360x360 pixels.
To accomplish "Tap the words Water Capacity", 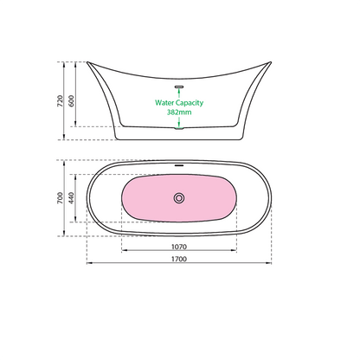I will pos(179,102).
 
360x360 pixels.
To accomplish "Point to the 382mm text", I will pos(179,112).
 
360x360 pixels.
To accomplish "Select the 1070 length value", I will pos(179,246).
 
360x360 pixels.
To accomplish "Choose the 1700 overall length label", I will pos(179,259).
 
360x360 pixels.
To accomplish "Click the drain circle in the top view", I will pos(179,198).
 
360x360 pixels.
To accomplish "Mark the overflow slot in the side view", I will pos(179,87).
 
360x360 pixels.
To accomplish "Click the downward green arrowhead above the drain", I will pos(179,124).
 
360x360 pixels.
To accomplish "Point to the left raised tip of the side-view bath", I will pos(87,62).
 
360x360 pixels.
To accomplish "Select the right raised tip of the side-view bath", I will pos(272,62).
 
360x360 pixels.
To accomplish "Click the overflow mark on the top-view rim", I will pos(179,164).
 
